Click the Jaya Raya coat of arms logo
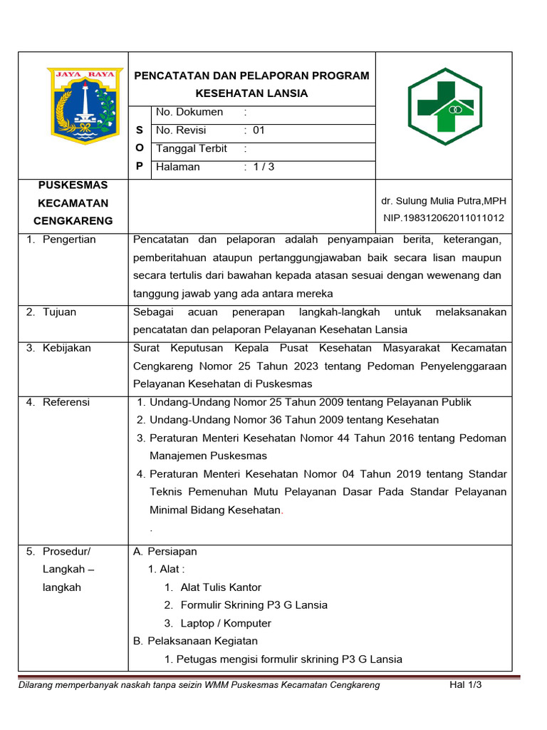(84, 106)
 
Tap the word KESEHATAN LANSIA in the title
(252, 93)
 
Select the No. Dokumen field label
(189, 112)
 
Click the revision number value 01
(259, 130)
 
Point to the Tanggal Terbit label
(192, 149)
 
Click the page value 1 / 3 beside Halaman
(264, 168)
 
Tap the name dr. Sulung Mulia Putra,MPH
(444, 201)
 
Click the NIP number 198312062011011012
(444, 218)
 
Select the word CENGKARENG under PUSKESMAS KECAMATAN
(73, 221)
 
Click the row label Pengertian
(69, 240)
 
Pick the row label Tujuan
(59, 312)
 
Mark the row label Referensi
(66, 403)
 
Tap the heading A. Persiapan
(165, 552)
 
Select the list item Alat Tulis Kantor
(221, 587)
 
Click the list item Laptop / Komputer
(226, 623)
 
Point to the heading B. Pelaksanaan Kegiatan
(195, 642)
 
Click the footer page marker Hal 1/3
(466, 685)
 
